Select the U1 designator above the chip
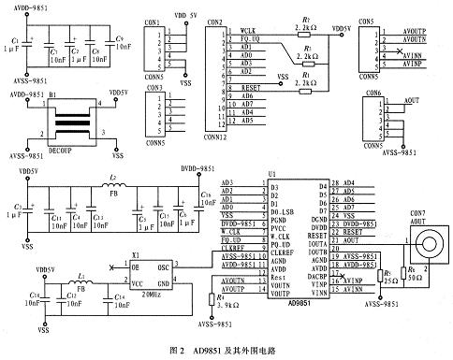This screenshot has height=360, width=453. tap(272, 173)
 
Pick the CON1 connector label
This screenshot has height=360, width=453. tap(152, 21)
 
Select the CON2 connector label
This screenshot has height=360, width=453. tap(214, 21)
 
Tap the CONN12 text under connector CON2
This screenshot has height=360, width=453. tap(216, 137)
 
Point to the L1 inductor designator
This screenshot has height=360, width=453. tap(81, 278)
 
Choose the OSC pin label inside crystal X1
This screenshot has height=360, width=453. tap(161, 266)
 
